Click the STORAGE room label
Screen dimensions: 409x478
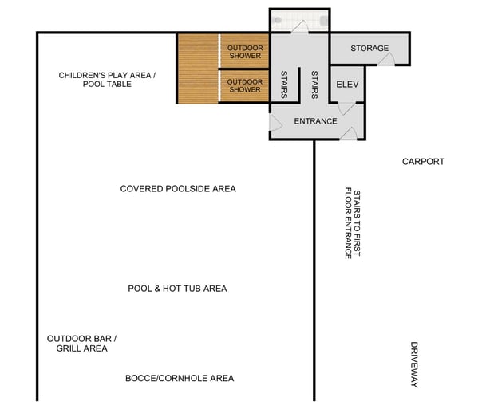click(x=369, y=49)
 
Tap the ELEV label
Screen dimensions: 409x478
click(x=346, y=84)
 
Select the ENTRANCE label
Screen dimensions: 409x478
click(x=315, y=121)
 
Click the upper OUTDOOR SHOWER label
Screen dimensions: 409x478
click(x=245, y=52)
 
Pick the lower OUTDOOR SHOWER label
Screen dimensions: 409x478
click(x=245, y=85)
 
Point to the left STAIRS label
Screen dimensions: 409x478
click(x=283, y=84)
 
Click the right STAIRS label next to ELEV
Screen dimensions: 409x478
click(x=314, y=84)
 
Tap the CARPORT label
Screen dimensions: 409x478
click(x=422, y=162)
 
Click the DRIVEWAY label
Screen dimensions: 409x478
click(x=414, y=364)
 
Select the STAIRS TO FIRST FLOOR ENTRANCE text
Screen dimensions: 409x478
click(x=352, y=224)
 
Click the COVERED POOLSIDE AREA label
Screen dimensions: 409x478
click(x=178, y=189)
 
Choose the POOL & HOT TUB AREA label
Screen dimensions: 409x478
click(x=177, y=289)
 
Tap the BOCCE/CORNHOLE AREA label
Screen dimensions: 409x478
click(x=180, y=378)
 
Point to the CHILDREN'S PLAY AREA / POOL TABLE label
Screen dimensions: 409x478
click(x=107, y=80)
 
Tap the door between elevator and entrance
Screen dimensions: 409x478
click(x=345, y=108)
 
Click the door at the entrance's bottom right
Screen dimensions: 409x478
click(x=349, y=134)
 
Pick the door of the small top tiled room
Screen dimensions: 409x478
click(x=299, y=28)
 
